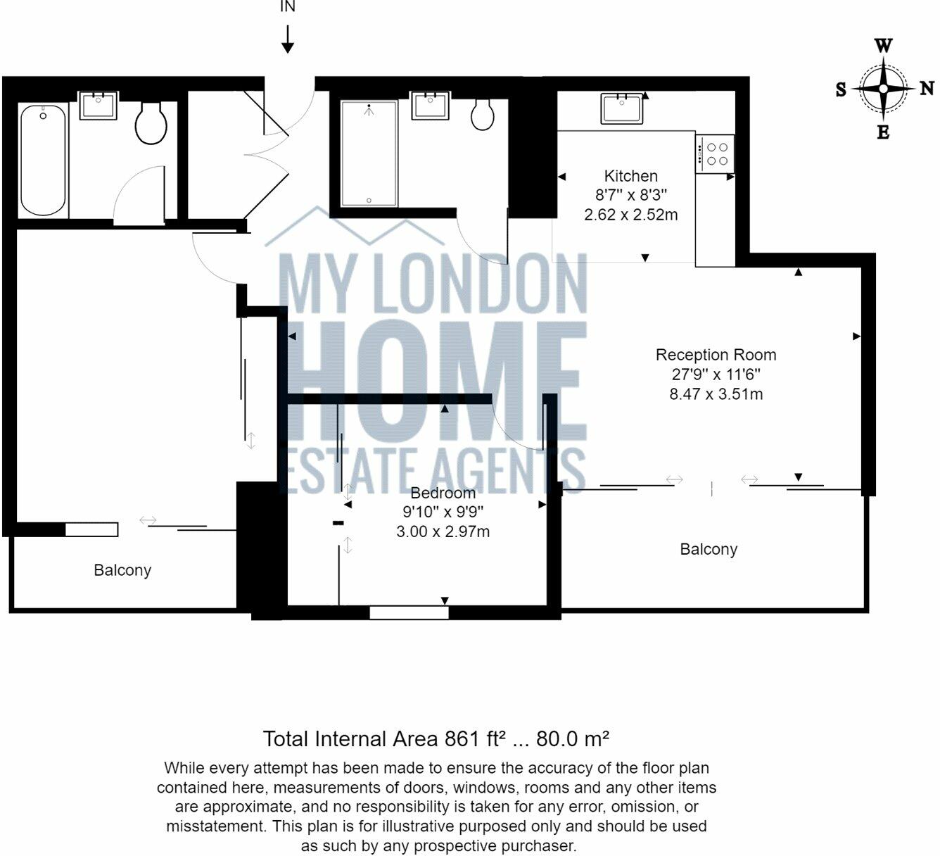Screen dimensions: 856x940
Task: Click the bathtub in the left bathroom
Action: (x=44, y=160)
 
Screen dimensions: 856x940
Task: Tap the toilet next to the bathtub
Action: (x=151, y=123)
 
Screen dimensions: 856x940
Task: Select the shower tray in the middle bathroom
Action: (x=369, y=153)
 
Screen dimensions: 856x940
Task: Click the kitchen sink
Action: (x=621, y=109)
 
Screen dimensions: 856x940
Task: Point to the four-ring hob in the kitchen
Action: (x=716, y=153)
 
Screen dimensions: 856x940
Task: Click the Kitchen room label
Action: (x=631, y=176)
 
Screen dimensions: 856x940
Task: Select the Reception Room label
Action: (x=716, y=355)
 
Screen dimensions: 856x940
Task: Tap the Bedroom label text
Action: (x=443, y=493)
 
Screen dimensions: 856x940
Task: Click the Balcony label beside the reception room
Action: (x=709, y=549)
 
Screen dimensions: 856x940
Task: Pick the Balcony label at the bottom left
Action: (x=122, y=570)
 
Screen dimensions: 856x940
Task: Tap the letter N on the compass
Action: (x=927, y=89)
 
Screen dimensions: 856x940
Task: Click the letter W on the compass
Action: (x=883, y=46)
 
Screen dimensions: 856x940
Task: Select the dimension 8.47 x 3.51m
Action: (x=716, y=394)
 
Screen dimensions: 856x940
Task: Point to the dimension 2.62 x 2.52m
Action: (x=631, y=215)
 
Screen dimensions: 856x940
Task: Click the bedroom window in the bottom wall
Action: (x=409, y=612)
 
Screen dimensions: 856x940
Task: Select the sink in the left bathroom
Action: (x=98, y=106)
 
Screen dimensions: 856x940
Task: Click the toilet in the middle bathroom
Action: (x=482, y=115)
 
